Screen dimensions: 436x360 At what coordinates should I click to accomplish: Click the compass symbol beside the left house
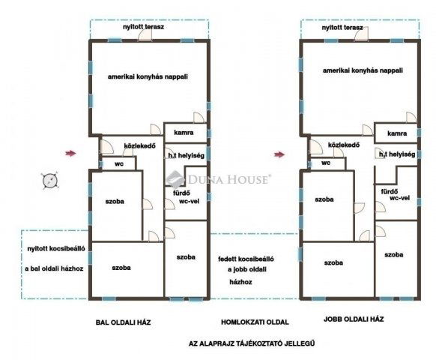[x=50, y=181]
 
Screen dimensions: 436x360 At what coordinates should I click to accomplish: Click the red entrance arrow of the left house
[x=70, y=153]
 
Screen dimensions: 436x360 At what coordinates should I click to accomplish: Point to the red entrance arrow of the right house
[x=279, y=154]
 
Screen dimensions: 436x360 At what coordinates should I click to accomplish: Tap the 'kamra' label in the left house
[x=184, y=133]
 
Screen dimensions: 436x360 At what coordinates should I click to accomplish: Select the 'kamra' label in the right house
[x=397, y=133]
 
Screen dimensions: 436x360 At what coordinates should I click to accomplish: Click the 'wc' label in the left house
[x=119, y=164]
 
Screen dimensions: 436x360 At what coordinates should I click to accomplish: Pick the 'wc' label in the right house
[x=326, y=163]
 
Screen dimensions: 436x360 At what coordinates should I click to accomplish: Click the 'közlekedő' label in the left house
[x=139, y=146]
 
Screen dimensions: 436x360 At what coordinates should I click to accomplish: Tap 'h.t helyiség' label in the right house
[x=397, y=154]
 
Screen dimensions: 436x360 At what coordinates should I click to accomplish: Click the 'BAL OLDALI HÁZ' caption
[x=123, y=322]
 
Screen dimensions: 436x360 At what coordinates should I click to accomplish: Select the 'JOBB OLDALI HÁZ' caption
[x=354, y=319]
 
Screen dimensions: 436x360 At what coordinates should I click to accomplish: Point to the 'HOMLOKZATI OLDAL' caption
[x=255, y=322]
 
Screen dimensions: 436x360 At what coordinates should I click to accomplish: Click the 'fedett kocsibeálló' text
[x=246, y=259]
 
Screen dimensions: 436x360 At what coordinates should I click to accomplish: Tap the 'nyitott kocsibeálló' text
[x=56, y=249]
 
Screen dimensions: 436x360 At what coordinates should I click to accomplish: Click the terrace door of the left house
[x=145, y=34]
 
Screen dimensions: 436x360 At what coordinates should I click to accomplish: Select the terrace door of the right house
[x=362, y=34]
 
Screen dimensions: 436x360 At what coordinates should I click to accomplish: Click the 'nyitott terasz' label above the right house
[x=342, y=28]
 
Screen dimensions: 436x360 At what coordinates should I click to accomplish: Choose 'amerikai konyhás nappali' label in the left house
[x=148, y=76]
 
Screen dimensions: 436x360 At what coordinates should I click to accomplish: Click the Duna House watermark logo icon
[x=175, y=178]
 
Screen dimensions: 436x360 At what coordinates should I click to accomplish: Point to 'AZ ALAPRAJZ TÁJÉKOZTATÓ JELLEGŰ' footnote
[x=252, y=343]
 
